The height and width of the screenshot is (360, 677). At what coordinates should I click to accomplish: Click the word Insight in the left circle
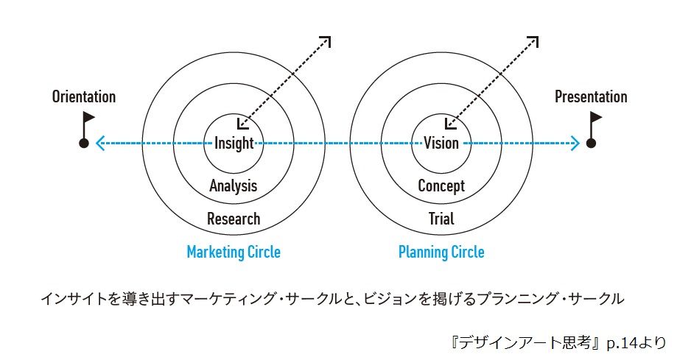(x=234, y=144)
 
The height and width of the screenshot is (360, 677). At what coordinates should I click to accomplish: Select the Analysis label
(x=233, y=186)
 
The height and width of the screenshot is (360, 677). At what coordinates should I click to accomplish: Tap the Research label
(x=234, y=219)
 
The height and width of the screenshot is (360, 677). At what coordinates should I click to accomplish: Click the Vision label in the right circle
(x=441, y=144)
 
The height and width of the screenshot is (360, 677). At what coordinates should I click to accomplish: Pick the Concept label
(x=441, y=186)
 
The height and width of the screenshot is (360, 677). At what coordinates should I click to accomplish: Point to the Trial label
(x=441, y=219)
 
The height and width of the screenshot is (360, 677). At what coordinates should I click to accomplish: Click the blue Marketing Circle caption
(x=234, y=252)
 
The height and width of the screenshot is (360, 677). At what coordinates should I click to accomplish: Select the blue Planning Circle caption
(x=441, y=252)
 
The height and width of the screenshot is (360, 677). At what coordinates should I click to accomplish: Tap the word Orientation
(x=84, y=97)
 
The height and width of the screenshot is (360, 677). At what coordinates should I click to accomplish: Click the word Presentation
(x=591, y=97)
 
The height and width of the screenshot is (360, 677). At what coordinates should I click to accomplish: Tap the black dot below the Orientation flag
(x=84, y=144)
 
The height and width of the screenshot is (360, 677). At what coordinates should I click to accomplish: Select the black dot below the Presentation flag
(x=590, y=144)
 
